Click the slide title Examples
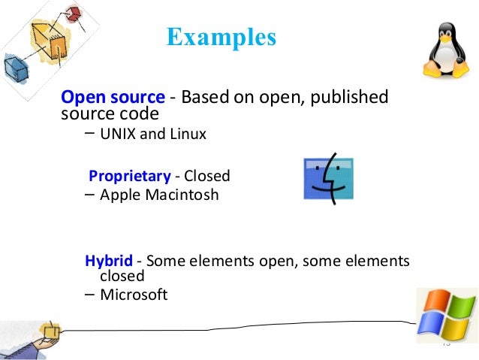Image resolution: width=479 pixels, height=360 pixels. pyautogui.click(x=221, y=36)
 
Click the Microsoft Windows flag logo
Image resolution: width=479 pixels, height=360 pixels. pyautogui.click(x=447, y=314)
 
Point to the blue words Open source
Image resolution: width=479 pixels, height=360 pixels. pyautogui.click(x=113, y=98)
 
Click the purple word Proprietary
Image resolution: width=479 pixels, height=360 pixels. pyautogui.click(x=130, y=177)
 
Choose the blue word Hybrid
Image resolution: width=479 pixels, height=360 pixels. pyautogui.click(x=109, y=261)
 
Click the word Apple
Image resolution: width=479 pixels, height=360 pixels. pyautogui.click(x=116, y=195)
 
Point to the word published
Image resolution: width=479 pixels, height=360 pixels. pyautogui.click(x=351, y=98)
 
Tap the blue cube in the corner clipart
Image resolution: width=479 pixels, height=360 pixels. pyautogui.click(x=15, y=68)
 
